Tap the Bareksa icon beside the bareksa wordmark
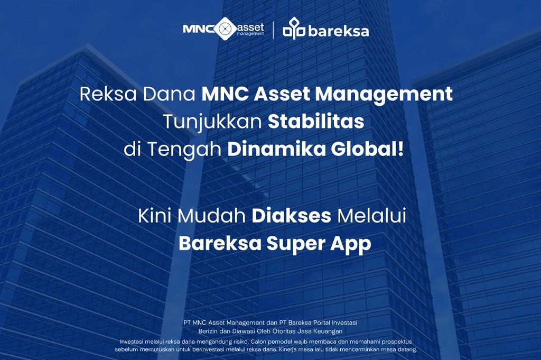pyautogui.click(x=294, y=30)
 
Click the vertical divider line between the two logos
pyautogui.click(x=273, y=30)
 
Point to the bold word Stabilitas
pyautogui.click(x=316, y=122)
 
